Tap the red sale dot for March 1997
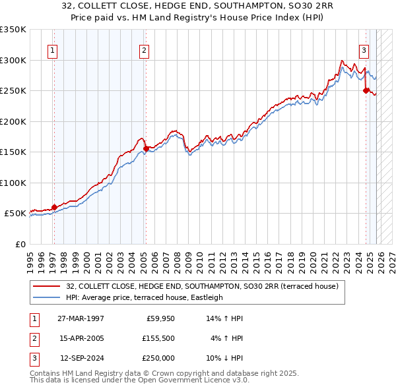54,207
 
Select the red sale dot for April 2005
146,149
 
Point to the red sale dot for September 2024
366,91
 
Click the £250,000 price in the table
158,358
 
